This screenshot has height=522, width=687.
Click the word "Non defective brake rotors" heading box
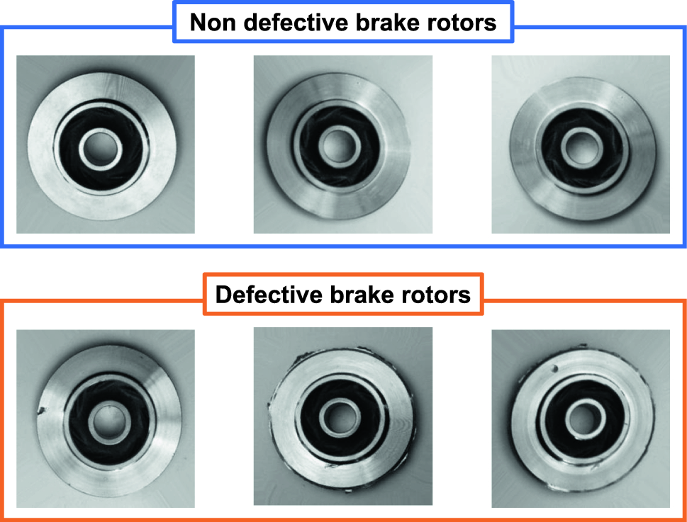[343, 23]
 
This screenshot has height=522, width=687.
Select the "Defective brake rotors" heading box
[343, 294]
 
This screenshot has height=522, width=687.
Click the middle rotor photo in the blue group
[342, 144]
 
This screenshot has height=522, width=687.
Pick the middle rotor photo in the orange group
[342, 416]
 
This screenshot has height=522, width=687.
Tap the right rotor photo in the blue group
[581, 144]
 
